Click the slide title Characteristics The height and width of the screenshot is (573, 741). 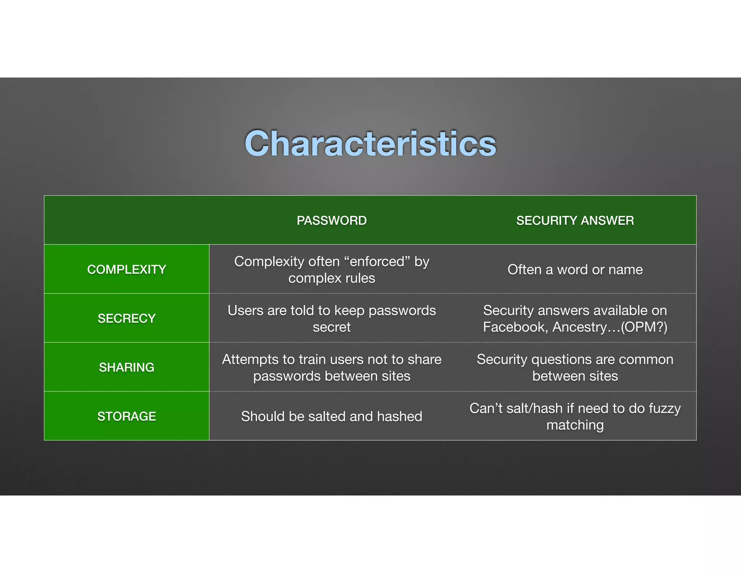[370, 144]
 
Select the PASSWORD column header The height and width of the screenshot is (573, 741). [331, 221]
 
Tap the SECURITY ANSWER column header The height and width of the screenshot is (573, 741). [575, 221]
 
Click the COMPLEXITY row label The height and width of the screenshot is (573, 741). [126, 269]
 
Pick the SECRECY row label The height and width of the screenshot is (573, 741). [126, 318]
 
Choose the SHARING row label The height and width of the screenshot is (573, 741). [126, 367]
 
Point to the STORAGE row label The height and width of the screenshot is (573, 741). [126, 417]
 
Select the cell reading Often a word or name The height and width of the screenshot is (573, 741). [575, 270]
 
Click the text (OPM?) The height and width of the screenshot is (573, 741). [644, 327]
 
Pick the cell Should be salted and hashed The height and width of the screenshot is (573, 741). [331, 417]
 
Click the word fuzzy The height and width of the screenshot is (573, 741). [664, 408]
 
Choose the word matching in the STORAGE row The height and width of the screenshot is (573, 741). [575, 425]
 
